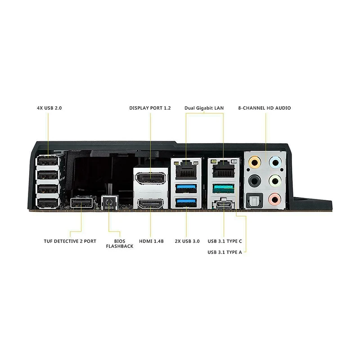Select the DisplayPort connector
pyautogui.click(x=150, y=179)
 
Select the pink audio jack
pyautogui.click(x=274, y=198)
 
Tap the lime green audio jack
pyautogui.click(x=274, y=180)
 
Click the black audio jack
pyautogui.click(x=254, y=180)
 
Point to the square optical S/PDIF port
pyautogui.click(x=254, y=198)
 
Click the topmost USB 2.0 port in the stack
pyautogui.click(x=48, y=161)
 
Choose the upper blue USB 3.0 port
pyautogui.click(x=186, y=187)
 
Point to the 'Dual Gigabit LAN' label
pyautogui.click(x=204, y=108)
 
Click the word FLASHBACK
pyautogui.click(x=119, y=247)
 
